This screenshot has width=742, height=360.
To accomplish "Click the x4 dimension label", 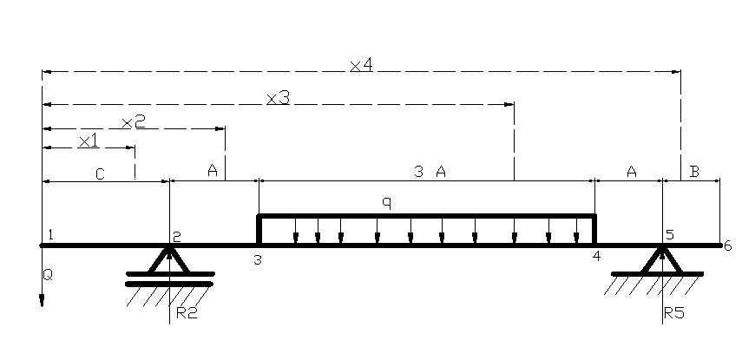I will [x=361, y=66].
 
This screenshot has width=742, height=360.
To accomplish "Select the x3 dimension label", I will [x=278, y=99].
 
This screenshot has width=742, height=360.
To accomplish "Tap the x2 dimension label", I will [x=133, y=122].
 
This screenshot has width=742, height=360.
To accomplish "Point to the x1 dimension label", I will [x=89, y=141].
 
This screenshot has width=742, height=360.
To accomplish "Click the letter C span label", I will [x=100, y=174].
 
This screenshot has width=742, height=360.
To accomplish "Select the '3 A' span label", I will [x=430, y=173].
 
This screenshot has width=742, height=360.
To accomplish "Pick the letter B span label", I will [x=694, y=173].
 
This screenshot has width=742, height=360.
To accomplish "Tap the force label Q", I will [x=48, y=275].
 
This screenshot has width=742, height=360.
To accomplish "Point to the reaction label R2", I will [x=187, y=313].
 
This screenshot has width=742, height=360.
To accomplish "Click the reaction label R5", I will [x=674, y=313].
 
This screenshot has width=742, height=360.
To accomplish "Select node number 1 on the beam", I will [x=51, y=234].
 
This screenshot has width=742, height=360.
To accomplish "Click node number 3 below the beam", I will [x=258, y=259].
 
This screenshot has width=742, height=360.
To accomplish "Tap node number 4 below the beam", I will [x=595, y=257].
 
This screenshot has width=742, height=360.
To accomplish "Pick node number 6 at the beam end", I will [x=727, y=245].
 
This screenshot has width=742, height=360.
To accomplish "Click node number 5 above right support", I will [x=669, y=235].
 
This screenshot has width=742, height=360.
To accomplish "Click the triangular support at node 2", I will [x=170, y=259].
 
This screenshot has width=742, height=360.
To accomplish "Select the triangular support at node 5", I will [x=661, y=259].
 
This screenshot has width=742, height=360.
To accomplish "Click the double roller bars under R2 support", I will [x=170, y=278].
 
